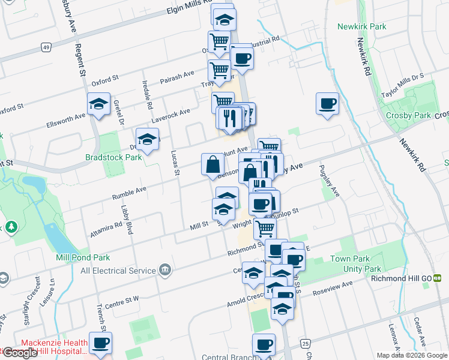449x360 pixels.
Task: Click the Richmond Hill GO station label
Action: (x=402, y=278)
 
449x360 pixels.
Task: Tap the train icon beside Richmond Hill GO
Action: (x=438, y=278)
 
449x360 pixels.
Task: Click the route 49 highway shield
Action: (x=46, y=47)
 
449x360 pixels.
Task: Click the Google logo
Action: (x=20, y=353)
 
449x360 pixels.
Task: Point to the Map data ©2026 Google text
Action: (x=412, y=355)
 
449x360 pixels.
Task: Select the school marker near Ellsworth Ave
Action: (x=99, y=104)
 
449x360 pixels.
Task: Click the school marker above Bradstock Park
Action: (x=147, y=140)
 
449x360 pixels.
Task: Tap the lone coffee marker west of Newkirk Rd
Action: (x=327, y=103)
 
